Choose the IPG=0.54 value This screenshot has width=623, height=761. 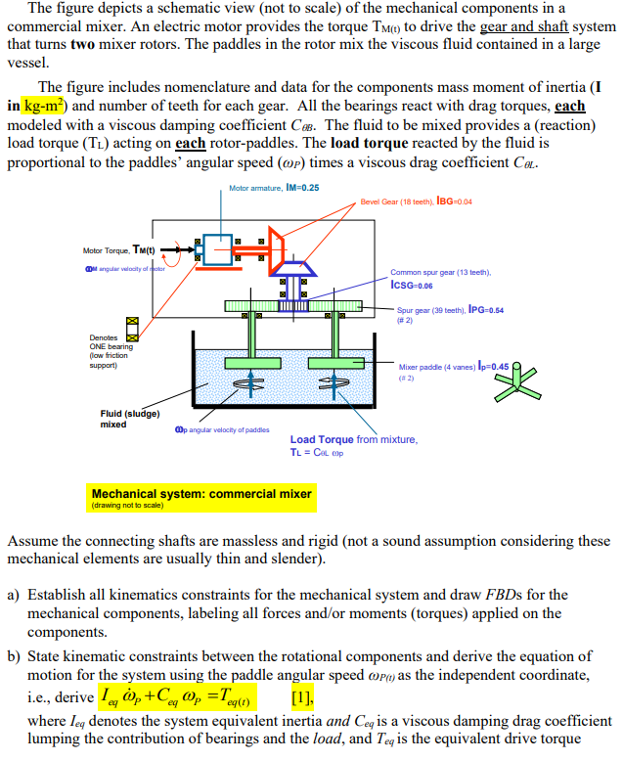coord(486,310)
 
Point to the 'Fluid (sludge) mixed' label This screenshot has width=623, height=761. coord(129,419)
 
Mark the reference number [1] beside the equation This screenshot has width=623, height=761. coord(301,699)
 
